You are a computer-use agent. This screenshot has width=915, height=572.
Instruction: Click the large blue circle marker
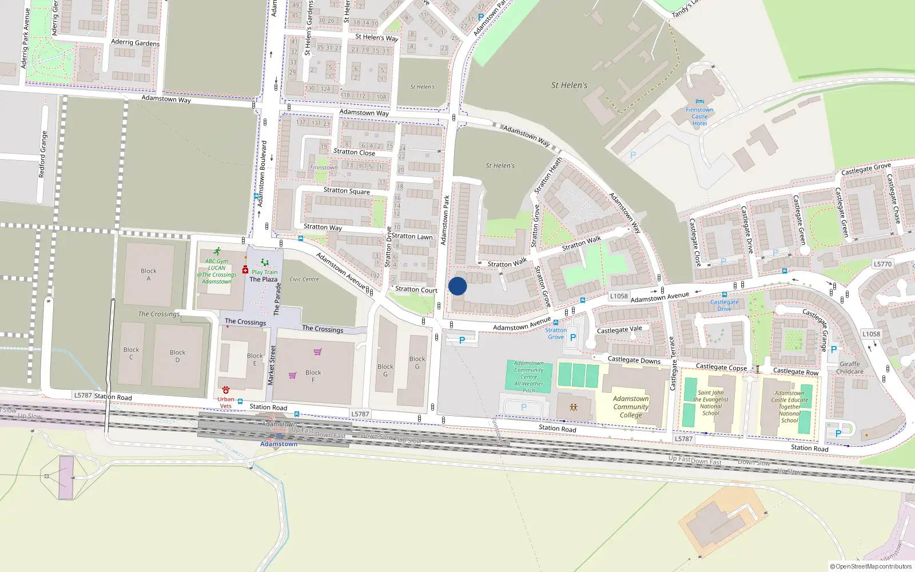click(x=457, y=286)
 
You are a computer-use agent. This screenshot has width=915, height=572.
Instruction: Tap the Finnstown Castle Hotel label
click(x=699, y=117)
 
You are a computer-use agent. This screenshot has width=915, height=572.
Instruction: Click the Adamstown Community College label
click(x=631, y=407)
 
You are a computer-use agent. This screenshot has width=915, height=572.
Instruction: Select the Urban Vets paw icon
click(x=226, y=390)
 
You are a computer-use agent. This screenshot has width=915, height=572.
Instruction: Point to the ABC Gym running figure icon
click(x=217, y=251)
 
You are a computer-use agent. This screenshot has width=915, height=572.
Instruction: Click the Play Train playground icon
click(x=265, y=263)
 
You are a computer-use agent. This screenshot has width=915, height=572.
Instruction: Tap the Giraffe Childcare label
click(x=850, y=368)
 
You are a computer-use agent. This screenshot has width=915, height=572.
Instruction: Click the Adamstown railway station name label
click(x=279, y=444)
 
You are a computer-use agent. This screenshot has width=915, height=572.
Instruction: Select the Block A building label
click(x=149, y=275)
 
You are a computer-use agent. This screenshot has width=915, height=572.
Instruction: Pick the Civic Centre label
click(x=304, y=279)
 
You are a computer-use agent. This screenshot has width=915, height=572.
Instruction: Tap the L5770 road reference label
click(x=882, y=264)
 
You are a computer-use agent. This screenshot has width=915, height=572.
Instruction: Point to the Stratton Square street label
click(x=347, y=190)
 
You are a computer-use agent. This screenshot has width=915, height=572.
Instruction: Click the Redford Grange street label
click(x=43, y=154)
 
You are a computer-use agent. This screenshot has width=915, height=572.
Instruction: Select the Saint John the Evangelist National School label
click(x=711, y=403)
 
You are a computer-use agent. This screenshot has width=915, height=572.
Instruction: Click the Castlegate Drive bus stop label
click(x=724, y=305)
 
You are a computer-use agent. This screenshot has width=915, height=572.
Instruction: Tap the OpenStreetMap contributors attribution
click(x=871, y=566)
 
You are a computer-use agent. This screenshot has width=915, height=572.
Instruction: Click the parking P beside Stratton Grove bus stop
click(x=573, y=337)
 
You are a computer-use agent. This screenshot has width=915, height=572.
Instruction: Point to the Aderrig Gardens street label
click(x=136, y=42)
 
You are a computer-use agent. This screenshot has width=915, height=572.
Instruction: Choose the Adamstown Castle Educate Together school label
click(x=790, y=407)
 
